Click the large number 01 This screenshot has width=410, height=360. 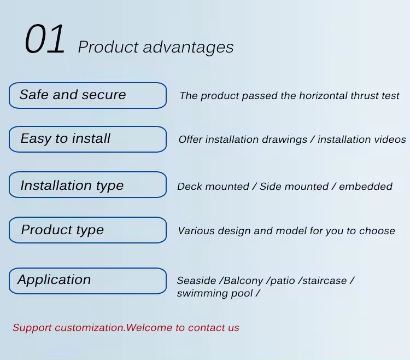(45, 39)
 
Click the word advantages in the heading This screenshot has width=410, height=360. (188, 48)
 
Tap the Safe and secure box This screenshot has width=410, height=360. (87, 96)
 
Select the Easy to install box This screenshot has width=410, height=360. (87, 139)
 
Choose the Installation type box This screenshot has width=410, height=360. (87, 185)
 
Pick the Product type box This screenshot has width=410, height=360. (87, 230)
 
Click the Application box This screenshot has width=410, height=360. (87, 281)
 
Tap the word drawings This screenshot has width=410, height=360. (284, 140)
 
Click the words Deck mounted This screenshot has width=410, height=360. (213, 187)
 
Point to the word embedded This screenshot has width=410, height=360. (366, 187)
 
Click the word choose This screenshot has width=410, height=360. (377, 231)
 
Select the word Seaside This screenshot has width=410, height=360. (196, 281)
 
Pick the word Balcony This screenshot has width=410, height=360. (243, 281)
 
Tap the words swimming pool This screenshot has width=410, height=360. (215, 294)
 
